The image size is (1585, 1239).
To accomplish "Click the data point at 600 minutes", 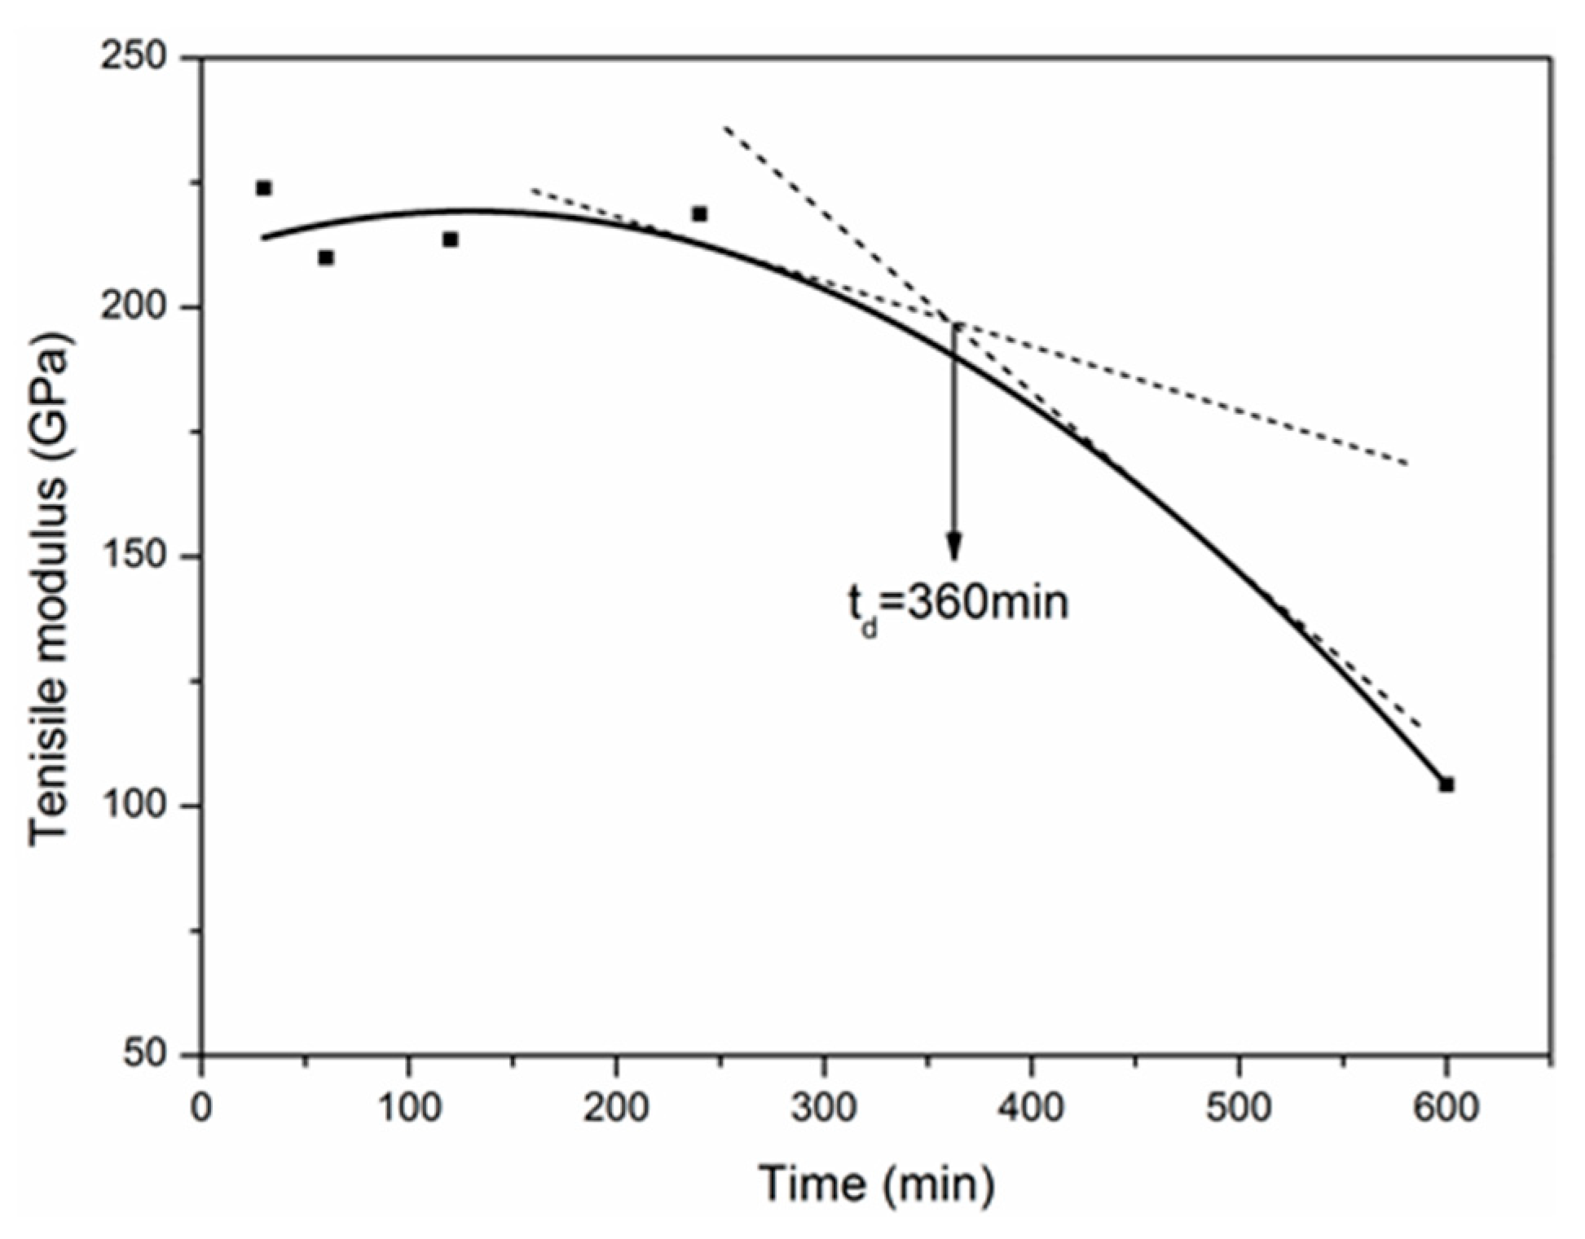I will pyautogui.click(x=1446, y=784).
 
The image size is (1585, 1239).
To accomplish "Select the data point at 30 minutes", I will pyautogui.click(x=263, y=188).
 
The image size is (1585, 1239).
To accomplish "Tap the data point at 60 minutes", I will pyautogui.click(x=326, y=257).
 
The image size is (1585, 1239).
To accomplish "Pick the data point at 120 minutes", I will pyautogui.click(x=451, y=239).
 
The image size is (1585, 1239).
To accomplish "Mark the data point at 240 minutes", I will pyautogui.click(x=699, y=214).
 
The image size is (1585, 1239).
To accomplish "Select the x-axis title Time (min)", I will pyautogui.click(x=878, y=1183).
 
